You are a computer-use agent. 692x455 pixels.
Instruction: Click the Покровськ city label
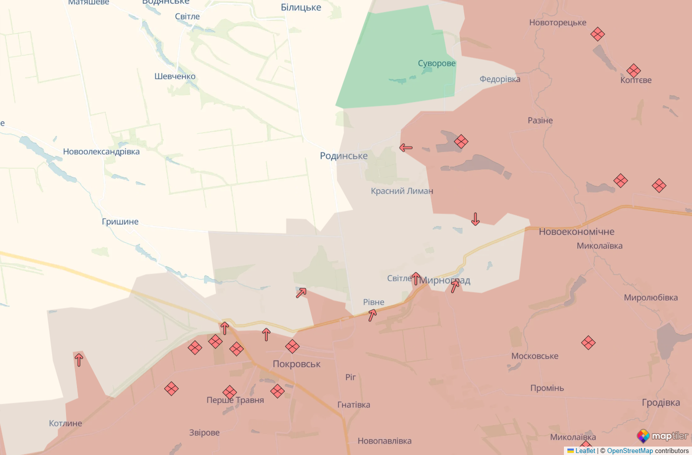(296, 364)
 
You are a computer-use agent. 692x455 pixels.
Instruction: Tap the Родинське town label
(344, 156)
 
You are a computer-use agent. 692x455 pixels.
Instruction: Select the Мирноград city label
(444, 281)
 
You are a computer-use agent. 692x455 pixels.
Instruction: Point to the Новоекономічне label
(576, 231)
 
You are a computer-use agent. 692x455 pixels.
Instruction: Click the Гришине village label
(120, 222)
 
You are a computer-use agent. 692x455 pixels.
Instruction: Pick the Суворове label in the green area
(436, 64)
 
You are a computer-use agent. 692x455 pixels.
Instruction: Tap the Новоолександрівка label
(101, 152)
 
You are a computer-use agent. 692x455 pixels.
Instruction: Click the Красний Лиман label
(402, 191)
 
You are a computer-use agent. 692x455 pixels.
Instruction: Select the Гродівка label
(661, 402)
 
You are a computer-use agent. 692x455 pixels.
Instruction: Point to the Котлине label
(66, 423)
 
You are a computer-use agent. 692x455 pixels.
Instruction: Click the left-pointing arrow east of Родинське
(406, 148)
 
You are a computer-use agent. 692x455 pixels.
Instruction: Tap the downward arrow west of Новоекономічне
(475, 219)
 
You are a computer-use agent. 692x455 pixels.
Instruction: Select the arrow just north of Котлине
(78, 359)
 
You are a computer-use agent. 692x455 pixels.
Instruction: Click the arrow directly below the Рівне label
(372, 315)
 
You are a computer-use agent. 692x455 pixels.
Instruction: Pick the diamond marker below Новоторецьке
(598, 34)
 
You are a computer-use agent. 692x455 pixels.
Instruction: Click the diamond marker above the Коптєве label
(633, 71)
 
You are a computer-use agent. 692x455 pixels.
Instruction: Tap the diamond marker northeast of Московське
(588, 343)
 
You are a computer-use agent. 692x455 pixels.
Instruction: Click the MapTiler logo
(663, 436)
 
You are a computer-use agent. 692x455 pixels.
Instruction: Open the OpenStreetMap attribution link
(629, 451)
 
